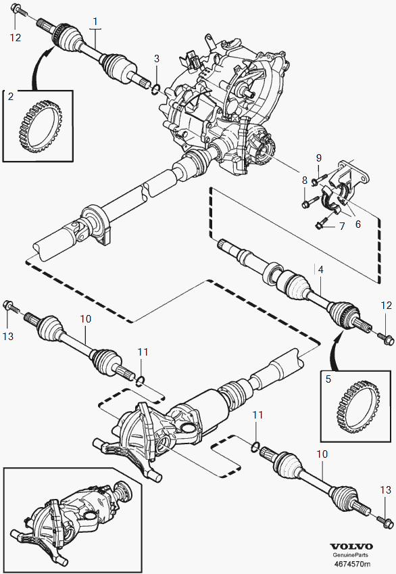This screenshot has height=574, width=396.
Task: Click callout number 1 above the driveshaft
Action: [x=95, y=21]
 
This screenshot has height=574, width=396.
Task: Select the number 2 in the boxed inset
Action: [x=11, y=96]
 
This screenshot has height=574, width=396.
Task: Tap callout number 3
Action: [x=157, y=58]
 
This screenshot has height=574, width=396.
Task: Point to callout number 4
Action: [x=320, y=270]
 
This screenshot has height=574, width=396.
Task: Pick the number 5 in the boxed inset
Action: [x=328, y=379]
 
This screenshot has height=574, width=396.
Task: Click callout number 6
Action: [x=357, y=224]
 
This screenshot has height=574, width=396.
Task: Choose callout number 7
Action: [x=342, y=226]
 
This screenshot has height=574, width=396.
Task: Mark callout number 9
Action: [x=319, y=158]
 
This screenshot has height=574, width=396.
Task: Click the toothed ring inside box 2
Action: [x=39, y=126]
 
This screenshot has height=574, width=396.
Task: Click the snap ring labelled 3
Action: [x=155, y=88]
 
